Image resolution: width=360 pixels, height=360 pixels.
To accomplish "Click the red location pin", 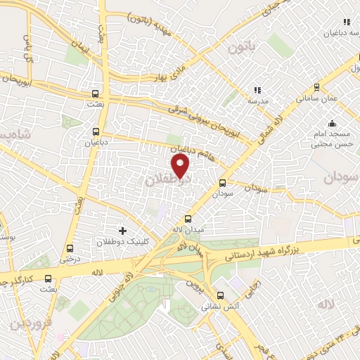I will click(x=181, y=165).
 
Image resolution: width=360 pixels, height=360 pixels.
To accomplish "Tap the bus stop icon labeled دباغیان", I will click(x=96, y=131).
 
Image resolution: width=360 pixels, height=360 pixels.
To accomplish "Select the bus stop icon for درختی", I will click(x=69, y=248).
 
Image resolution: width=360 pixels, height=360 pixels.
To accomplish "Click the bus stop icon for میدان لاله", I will click(x=187, y=219).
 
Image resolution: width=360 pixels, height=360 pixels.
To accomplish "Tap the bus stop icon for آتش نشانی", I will click(x=220, y=295).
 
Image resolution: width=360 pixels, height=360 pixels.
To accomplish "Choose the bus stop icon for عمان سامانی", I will click(x=316, y=87).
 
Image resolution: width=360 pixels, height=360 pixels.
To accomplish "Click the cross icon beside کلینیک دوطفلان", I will click(x=122, y=230).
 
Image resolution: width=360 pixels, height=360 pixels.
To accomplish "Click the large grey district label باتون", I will click(x=239, y=49).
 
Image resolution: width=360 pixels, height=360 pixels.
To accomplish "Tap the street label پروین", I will click(x=193, y=285).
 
